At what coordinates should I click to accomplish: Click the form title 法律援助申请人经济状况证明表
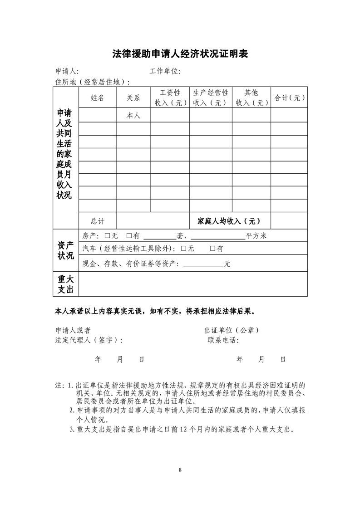pyautogui.click(x=180, y=54)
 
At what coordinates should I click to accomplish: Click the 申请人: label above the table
pyautogui.click(x=67, y=71)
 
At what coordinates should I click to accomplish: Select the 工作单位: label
pyautogui.click(x=165, y=71)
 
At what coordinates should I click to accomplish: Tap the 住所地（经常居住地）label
pyautogui.click(x=92, y=82)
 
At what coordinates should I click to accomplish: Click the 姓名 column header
pyautogui.click(x=97, y=98)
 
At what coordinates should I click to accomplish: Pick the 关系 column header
pyautogui.click(x=133, y=98)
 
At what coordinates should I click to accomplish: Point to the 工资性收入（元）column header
pyautogui.click(x=170, y=98)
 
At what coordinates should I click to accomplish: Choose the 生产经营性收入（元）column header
pyautogui.click(x=211, y=98)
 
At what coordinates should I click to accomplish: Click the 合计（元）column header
pyautogui.click(x=289, y=98)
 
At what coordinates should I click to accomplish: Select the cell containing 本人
pyautogui.click(x=133, y=116)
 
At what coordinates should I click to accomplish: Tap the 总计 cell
pyautogui.click(x=97, y=221)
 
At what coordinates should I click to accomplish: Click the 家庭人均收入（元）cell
pyautogui.click(x=229, y=221)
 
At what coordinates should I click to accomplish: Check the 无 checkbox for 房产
pyautogui.click(x=108, y=236)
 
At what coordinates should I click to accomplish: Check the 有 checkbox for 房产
pyautogui.click(x=129, y=236)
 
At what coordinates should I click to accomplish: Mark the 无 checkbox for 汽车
pyautogui.click(x=183, y=249)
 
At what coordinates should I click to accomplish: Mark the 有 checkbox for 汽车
pyautogui.click(x=212, y=249)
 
